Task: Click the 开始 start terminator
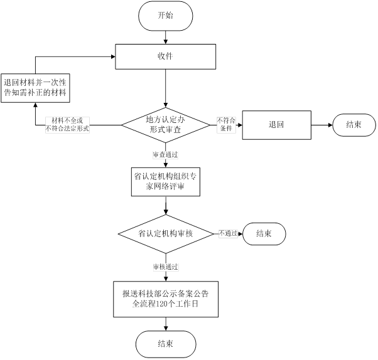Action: tap(165, 15)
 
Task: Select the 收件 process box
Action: tap(165, 56)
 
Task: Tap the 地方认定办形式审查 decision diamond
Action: tap(165, 124)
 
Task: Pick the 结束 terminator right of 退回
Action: tap(354, 124)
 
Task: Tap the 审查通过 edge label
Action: tap(165, 154)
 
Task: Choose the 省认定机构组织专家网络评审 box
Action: tap(165, 181)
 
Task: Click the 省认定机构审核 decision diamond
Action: tap(165, 233)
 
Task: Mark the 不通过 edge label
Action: tap(227, 233)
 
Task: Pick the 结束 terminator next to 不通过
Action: tap(264, 233)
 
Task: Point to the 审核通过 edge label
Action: tap(165, 267)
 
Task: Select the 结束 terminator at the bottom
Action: tap(165, 343)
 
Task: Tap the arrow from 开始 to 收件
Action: tap(165, 36)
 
